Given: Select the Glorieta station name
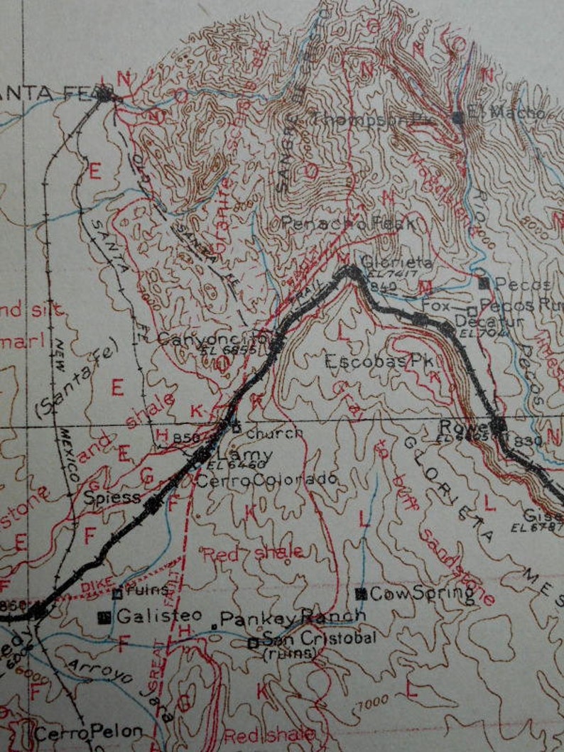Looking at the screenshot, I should tap(396, 262).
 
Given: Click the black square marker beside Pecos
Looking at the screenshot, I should tap(484, 284).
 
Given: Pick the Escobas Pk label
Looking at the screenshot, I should tap(379, 361).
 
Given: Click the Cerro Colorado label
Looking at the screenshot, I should tap(265, 480).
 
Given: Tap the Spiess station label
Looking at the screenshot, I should tap(112, 497).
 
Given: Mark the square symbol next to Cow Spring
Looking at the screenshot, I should tap(362, 594).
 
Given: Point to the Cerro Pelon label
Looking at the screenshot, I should tap(89, 731).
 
